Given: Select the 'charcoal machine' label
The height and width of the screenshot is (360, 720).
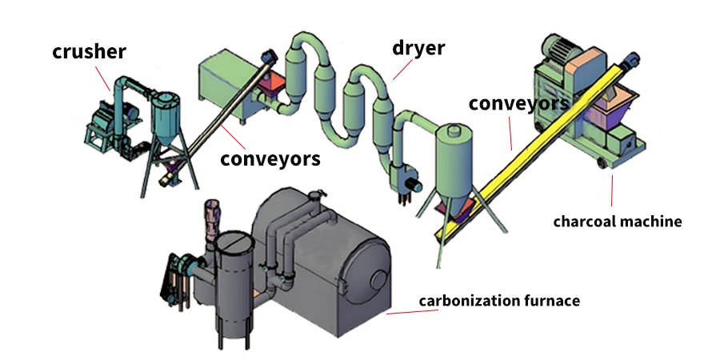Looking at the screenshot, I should pyautogui.click(x=618, y=221).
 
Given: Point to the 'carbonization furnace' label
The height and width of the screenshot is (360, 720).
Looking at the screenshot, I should pyautogui.click(x=499, y=302).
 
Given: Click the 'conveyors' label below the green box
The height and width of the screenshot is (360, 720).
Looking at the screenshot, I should pyautogui.click(x=270, y=158).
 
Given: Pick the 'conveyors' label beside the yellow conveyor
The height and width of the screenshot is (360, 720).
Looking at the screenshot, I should pyautogui.click(x=518, y=103).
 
